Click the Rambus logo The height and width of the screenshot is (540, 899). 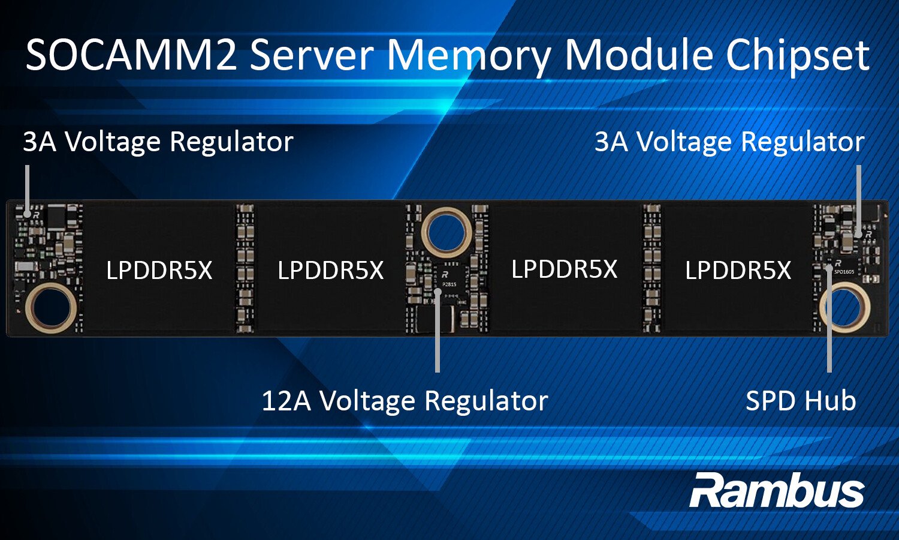click(777, 491)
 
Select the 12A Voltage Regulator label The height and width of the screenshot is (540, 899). click(405, 401)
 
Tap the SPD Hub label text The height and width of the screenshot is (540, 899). click(800, 401)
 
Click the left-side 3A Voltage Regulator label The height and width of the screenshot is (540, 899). click(158, 142)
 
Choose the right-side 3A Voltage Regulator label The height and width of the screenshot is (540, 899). click(729, 142)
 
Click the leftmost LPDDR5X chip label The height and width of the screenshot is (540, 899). click(159, 271)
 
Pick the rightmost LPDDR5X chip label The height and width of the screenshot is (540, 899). click(738, 271)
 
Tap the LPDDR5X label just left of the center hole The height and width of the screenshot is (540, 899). click(330, 271)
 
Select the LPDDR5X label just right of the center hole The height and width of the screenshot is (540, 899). click(564, 269)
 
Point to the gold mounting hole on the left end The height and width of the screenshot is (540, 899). click(51, 308)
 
